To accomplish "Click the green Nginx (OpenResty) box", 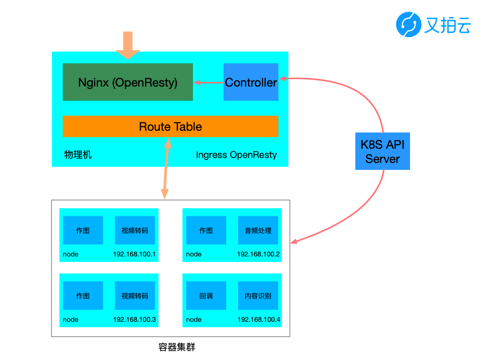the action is [128, 82].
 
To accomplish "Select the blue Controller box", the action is [251, 82].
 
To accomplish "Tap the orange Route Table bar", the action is [170, 126].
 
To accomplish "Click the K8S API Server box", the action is [382, 151].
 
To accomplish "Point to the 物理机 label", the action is [78, 155].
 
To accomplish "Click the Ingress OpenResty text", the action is [236, 155].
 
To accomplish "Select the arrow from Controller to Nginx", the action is [208, 82].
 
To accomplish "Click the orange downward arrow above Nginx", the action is [128, 45].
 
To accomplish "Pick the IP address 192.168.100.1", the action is [134, 254].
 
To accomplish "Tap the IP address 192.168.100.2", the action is [258, 254].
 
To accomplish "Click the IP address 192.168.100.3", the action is [135, 319].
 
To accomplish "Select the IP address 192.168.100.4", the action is [259, 319].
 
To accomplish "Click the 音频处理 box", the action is [258, 230].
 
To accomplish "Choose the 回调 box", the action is [206, 296].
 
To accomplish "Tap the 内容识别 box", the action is [258, 296].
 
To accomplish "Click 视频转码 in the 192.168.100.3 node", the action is [135, 296].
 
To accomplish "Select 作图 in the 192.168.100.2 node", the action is [206, 230].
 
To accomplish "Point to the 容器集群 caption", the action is [177, 347].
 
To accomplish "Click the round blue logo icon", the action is [408, 24].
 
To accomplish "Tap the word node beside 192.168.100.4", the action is [194, 319].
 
